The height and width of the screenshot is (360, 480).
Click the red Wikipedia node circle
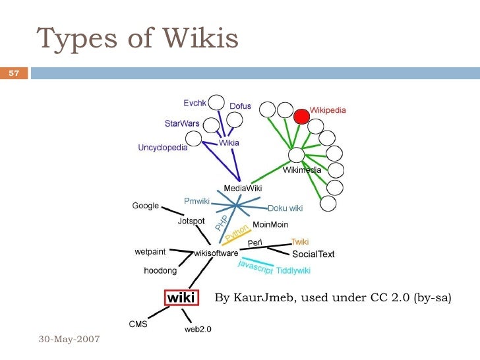(x=301, y=116)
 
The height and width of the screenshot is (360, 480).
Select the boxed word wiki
(x=180, y=298)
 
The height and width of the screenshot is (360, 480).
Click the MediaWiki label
(x=243, y=188)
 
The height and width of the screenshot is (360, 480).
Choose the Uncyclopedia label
(x=162, y=148)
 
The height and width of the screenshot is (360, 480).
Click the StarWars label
(x=181, y=123)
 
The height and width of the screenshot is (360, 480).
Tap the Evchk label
(x=195, y=103)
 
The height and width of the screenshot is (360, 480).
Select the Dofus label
(x=240, y=105)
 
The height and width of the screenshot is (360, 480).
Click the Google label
(x=146, y=206)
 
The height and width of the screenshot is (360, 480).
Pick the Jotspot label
(x=191, y=222)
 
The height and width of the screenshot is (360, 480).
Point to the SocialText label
(x=313, y=254)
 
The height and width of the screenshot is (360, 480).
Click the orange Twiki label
(x=300, y=242)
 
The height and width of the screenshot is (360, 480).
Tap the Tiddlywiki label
(x=293, y=270)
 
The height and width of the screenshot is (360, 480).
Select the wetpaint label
(x=150, y=251)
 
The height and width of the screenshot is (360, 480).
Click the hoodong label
(x=160, y=270)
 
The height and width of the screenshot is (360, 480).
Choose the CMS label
(x=138, y=324)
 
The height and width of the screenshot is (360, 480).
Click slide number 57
(x=13, y=73)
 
